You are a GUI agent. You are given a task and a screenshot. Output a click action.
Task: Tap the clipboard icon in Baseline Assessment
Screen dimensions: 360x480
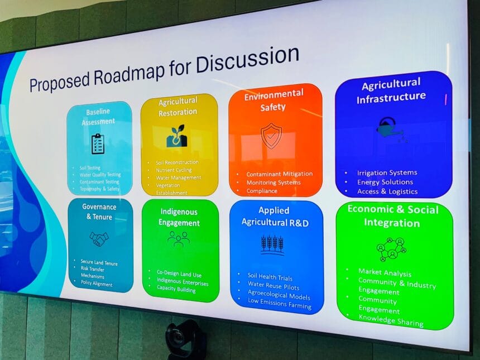pos(98,143)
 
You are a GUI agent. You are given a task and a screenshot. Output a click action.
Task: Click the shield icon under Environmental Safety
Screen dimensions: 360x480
pos(271,136)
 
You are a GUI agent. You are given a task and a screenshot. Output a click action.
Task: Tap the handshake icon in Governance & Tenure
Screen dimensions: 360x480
pos(99,238)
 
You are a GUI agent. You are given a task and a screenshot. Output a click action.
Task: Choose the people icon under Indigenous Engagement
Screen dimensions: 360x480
pos(178,238)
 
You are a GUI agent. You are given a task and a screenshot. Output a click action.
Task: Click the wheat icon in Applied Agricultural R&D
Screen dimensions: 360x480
pos(272,243)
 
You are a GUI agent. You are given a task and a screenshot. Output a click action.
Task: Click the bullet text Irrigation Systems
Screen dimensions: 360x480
pos(387,173)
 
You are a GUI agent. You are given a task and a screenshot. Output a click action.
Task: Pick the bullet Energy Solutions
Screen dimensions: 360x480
pos(385,182)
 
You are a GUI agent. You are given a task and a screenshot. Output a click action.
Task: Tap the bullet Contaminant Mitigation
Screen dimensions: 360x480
pos(279,174)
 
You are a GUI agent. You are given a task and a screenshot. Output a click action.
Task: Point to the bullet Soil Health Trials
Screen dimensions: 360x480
pos(270,277)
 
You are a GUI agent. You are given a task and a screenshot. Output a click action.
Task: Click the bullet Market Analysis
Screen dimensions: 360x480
pos(385,273)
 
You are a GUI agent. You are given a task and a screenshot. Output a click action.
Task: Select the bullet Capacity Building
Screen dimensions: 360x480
pos(176,290)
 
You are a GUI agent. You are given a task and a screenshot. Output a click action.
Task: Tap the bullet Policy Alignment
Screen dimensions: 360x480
pos(95,284)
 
